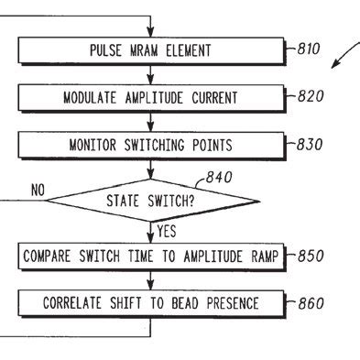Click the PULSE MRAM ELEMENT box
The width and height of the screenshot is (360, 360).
click(x=151, y=49)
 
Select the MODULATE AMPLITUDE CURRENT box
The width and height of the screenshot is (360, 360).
click(x=151, y=97)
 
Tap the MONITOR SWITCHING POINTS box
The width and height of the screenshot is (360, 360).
click(x=151, y=145)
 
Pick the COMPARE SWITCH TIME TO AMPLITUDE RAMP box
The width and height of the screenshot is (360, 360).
click(x=151, y=256)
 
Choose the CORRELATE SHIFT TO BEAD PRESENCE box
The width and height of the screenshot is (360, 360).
click(x=151, y=303)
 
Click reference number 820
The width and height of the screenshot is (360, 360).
click(x=307, y=95)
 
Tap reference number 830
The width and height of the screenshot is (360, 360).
click(x=307, y=144)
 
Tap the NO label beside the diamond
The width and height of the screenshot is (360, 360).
click(x=38, y=190)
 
